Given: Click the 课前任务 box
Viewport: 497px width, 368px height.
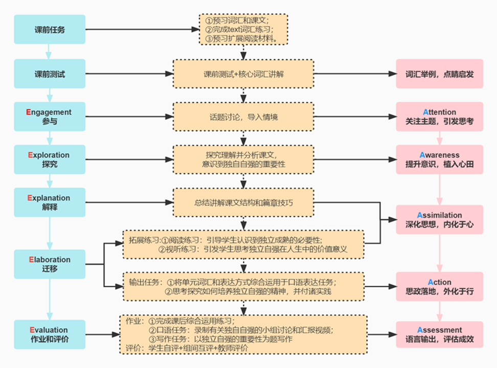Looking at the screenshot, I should pos(49,30).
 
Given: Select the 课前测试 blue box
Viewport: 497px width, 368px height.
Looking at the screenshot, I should pos(49,74).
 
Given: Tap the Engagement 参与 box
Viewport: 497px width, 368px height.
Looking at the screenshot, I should pos(49,117).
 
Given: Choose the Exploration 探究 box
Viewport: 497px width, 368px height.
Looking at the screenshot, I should pos(49,159).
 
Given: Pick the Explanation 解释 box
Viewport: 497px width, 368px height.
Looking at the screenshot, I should pos(49,203).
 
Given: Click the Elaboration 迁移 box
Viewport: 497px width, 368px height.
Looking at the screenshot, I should pos(49,264).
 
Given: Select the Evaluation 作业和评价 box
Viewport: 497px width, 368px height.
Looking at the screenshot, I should pos(49,334).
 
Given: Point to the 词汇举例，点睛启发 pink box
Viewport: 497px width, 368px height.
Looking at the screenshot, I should pos(439,74).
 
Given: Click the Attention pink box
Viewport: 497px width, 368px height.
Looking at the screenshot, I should pos(439,117).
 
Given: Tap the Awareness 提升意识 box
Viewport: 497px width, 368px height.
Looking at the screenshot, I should pos(439,159).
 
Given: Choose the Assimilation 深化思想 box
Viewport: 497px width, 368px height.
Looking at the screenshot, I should pos(439,220).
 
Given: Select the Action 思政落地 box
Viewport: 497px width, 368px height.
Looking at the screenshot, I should pos(439,287).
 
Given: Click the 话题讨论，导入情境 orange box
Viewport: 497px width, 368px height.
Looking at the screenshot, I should pos(243,117).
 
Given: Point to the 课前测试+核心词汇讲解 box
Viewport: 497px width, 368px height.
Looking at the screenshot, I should pos(243,74).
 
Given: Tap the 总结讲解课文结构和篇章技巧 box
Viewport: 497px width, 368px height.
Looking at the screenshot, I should pos(243,203).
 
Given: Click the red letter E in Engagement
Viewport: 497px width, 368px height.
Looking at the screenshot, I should pos(29,112).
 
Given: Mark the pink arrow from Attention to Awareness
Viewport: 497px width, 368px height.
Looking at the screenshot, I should pos(439,138).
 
